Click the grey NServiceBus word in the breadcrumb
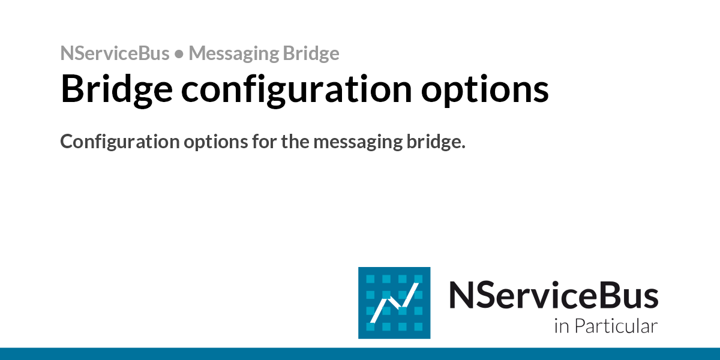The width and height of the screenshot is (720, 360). [x=115, y=53]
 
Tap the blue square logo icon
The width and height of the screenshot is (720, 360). [x=394, y=302]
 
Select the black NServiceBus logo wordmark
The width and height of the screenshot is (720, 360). [x=553, y=295]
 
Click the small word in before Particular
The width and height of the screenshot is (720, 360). [x=560, y=327]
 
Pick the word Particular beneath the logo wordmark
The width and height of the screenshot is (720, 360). [x=616, y=326]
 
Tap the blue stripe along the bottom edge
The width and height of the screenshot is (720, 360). [x=360, y=354]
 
